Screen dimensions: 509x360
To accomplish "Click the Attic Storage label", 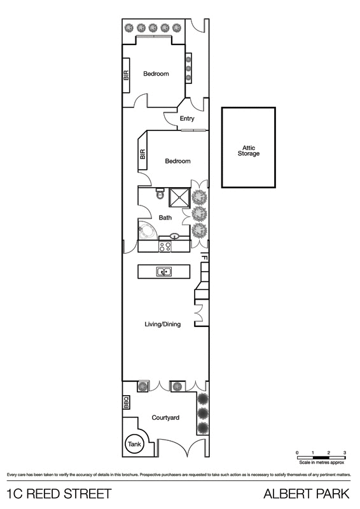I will click(x=248, y=150).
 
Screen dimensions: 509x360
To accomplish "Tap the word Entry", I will click(x=187, y=119).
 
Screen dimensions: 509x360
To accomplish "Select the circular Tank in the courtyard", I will click(x=134, y=445).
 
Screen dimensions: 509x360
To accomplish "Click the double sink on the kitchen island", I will click(x=164, y=272).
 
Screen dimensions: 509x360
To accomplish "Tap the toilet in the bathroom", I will click(x=160, y=196).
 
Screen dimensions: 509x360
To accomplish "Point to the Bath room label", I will click(x=165, y=218).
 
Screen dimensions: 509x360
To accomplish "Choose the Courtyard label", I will click(x=165, y=418).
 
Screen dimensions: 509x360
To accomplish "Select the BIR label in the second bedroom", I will click(x=142, y=155).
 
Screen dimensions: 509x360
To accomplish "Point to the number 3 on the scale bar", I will click(x=344, y=452).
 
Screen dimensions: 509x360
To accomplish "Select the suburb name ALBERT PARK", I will click(x=307, y=493).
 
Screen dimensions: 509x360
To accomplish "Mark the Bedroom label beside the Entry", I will click(x=177, y=161).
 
